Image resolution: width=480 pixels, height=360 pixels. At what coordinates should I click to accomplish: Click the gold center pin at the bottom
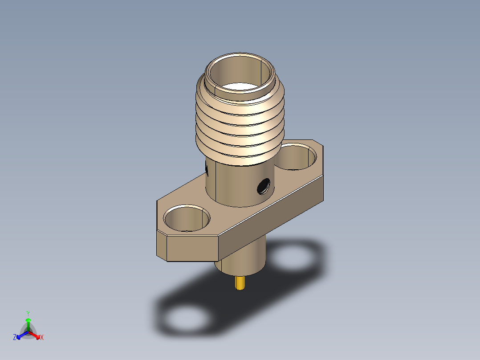(x=241, y=283)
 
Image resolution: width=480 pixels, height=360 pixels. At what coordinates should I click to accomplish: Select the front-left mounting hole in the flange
(x=187, y=218)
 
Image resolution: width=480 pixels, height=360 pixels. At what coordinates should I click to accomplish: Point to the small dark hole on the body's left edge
(x=207, y=168)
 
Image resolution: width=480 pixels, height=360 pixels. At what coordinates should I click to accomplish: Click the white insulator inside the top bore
(x=241, y=87)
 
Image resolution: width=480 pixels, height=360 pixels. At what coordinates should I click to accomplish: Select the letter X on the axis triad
(x=42, y=338)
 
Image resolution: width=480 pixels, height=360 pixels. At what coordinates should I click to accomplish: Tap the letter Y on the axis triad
(x=28, y=313)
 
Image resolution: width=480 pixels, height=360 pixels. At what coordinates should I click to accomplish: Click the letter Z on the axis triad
(x=15, y=338)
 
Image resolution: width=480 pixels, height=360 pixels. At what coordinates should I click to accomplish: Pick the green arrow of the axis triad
(x=28, y=323)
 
